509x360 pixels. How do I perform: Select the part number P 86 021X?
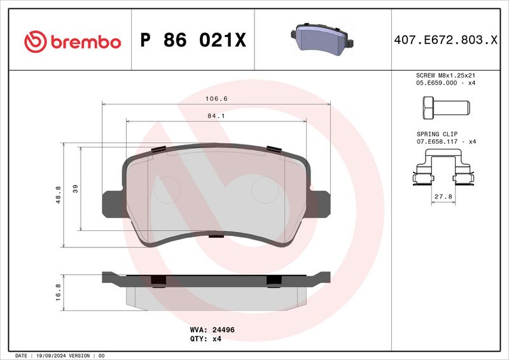193,41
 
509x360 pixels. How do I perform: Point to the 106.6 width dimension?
216,99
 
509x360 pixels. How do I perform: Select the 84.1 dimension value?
216,116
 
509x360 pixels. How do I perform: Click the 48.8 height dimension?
58,195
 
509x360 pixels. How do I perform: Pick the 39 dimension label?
75,188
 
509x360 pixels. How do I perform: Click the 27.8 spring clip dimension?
443,197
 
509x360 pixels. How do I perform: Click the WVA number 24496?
221,329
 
